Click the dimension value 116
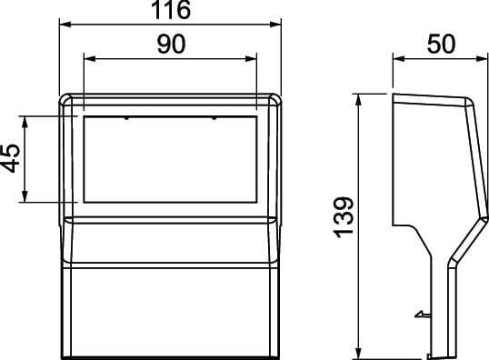pyautogui.click(x=171, y=9)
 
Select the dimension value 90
pyautogui.click(x=171, y=44)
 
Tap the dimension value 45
pyautogui.click(x=10, y=158)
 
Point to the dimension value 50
pyautogui.click(x=441, y=44)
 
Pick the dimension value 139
pyautogui.click(x=344, y=217)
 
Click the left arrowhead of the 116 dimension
pyautogui.click(x=65, y=25)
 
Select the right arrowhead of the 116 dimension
pyautogui.click(x=275, y=25)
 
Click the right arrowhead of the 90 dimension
pyautogui.click(x=251, y=59)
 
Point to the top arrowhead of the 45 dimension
pyautogui.click(x=25, y=122)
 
